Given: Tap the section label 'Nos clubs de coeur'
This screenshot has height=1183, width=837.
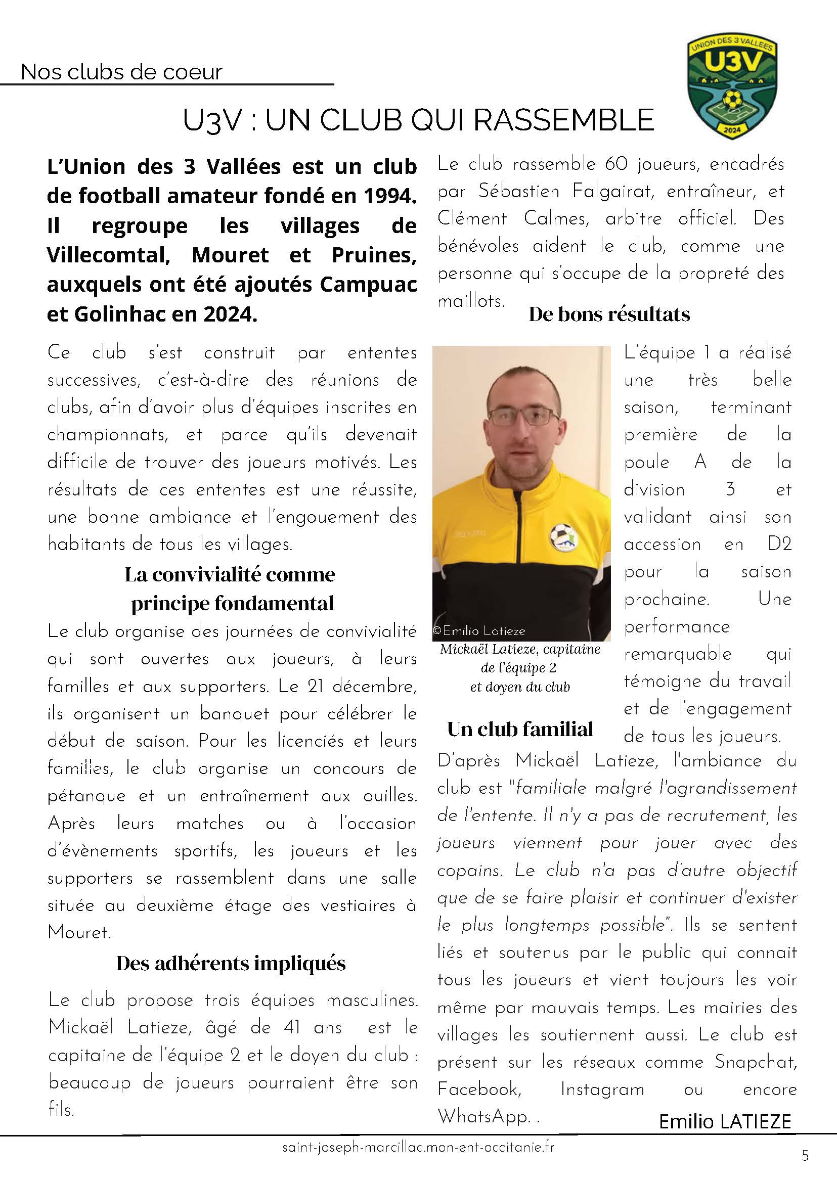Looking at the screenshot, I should click(x=122, y=72).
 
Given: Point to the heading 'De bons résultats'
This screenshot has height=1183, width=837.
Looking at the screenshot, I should click(x=609, y=314).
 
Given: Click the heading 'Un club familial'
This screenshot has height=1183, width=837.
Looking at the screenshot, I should click(x=520, y=729).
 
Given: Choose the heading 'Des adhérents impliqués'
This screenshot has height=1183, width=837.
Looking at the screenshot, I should click(x=231, y=963).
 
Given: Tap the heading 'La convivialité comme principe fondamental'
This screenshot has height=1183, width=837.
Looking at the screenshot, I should click(x=231, y=588).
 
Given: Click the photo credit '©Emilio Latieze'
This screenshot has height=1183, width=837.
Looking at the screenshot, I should click(x=479, y=630).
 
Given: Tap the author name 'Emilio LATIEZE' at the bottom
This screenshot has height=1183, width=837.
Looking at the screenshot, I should click(x=725, y=1122).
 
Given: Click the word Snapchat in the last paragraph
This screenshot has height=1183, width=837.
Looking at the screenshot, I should click(x=755, y=1062).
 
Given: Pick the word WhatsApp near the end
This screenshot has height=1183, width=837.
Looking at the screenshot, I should click(x=483, y=1117).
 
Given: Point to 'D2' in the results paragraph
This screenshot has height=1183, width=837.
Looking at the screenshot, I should click(x=779, y=544).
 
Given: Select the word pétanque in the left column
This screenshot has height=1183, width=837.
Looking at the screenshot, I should click(x=86, y=796).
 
